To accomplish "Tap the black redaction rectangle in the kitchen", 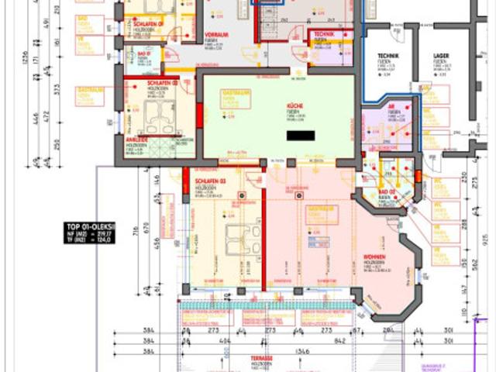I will click(x=300, y=136).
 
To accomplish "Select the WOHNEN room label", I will click(x=376, y=257).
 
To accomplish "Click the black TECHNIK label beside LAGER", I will click(x=387, y=57).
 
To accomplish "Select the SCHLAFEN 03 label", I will click(x=208, y=180).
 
